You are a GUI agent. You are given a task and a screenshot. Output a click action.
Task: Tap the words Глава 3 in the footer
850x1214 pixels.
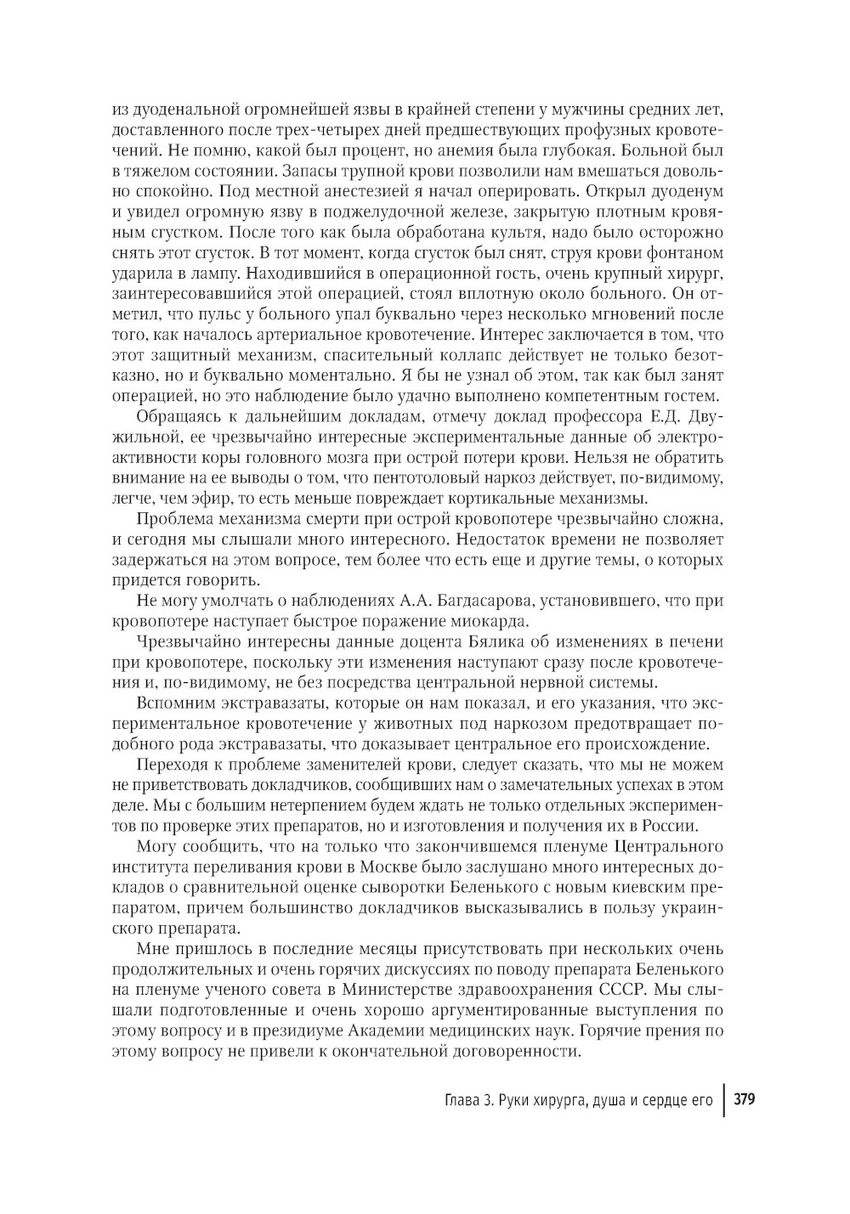tap(456, 1100)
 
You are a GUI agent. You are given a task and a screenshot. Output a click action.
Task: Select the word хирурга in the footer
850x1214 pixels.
tap(540, 1100)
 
